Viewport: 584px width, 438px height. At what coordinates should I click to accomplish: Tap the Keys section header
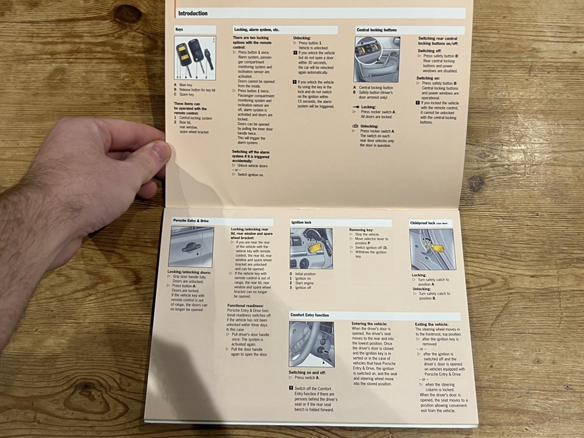tap(181, 29)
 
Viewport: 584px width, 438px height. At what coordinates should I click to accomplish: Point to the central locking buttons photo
tap(377, 59)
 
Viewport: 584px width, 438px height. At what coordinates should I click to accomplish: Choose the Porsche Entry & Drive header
tap(191, 221)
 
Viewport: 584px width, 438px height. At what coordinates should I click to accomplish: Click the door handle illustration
tap(191, 247)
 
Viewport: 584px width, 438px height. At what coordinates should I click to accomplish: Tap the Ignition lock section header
tap(301, 223)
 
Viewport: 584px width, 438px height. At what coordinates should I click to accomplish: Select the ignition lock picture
tap(311, 248)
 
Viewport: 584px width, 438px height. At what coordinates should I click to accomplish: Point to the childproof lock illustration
tap(431, 249)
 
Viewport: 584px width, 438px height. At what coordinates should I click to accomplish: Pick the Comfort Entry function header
tap(310, 315)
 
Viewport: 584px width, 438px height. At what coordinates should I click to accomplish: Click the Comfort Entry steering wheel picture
tap(311, 344)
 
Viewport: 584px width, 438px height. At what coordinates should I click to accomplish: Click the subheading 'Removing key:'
tap(361, 230)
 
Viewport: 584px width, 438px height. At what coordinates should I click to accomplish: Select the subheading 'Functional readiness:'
tap(245, 305)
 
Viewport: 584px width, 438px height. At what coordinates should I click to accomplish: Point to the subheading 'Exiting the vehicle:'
tap(432, 324)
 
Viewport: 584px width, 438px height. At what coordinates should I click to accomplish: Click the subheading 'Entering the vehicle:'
tap(369, 324)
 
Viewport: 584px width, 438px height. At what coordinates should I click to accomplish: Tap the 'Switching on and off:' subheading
tap(307, 372)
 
